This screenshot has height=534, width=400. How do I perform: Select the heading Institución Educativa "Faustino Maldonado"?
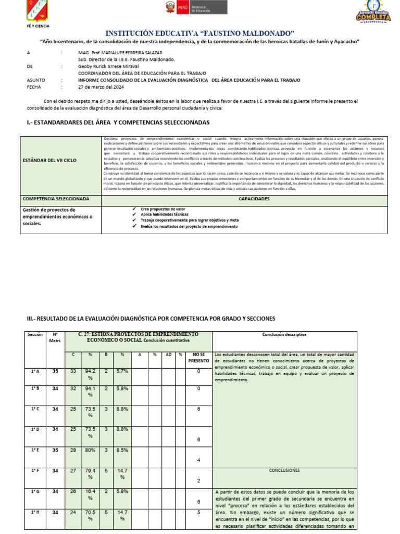point(200,33)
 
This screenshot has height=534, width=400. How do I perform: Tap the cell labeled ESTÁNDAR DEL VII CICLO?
point(49,160)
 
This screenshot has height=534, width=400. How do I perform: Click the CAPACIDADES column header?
point(254,199)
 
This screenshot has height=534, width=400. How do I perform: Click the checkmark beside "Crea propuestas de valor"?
point(134,209)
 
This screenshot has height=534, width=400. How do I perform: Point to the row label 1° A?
point(35,371)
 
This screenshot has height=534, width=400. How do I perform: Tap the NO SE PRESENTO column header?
point(199,357)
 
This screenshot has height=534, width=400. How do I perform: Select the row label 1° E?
point(35,450)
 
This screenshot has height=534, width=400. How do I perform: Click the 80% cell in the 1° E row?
point(90,450)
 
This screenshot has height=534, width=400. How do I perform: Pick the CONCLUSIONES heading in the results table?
point(284,470)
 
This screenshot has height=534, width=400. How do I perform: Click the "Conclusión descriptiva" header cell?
point(284,334)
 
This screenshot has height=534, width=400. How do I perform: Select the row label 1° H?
point(35,512)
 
